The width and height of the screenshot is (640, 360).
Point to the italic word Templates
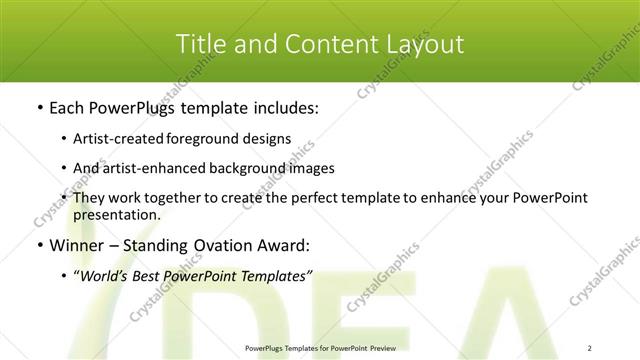click(276, 275)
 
